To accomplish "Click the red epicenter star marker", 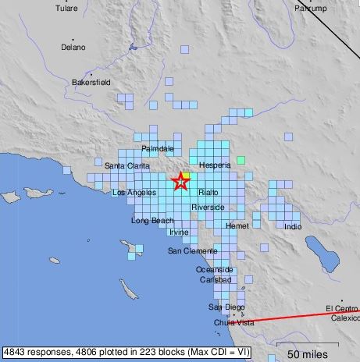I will coord(180,182).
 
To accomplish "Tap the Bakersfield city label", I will coord(91,81).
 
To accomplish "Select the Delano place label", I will coord(73,47).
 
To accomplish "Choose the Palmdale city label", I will coord(158,148).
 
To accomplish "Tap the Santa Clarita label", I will coord(127,165).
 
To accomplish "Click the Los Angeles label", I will coord(134,193).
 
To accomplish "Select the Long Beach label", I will coord(152,221).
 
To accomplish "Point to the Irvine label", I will coord(179,232).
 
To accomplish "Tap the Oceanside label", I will coord(214,269).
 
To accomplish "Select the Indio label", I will coord(293,227).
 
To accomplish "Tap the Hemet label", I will coord(237,225).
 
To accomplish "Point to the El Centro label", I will coord(340,308).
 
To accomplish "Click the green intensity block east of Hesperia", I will coord(241,160).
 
